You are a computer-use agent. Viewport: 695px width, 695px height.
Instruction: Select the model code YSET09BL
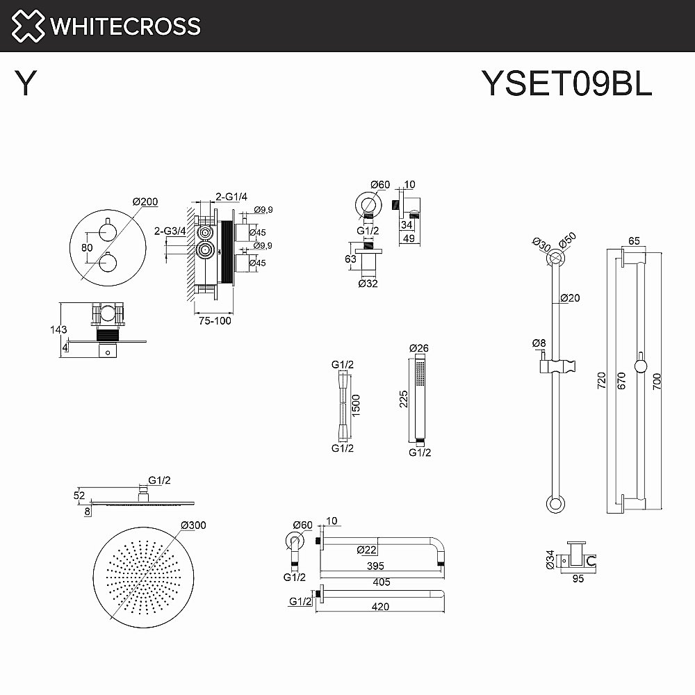pyautogui.click(x=566, y=85)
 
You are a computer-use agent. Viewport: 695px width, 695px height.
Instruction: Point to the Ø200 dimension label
pyautogui.click(x=145, y=202)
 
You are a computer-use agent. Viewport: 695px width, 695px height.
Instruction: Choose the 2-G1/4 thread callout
pyautogui.click(x=229, y=197)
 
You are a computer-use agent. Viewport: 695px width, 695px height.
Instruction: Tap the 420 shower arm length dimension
pyautogui.click(x=379, y=606)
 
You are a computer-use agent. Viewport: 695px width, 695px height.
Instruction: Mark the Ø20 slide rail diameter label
pyautogui.click(x=570, y=298)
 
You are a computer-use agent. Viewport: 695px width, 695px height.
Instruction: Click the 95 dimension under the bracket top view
pyautogui.click(x=577, y=576)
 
